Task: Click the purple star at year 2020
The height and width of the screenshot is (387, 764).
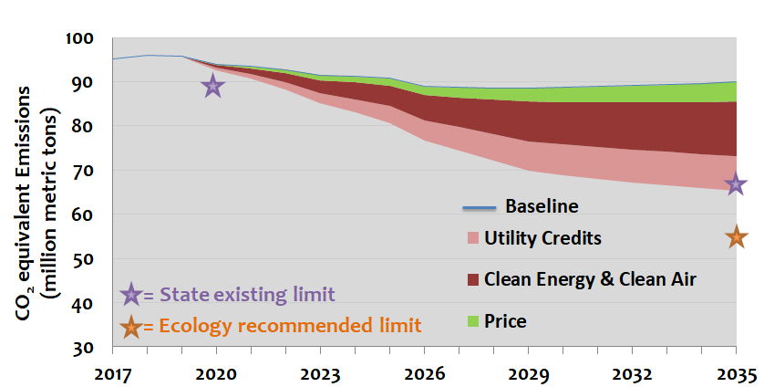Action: (212, 87)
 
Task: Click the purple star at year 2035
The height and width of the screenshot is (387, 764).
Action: (736, 185)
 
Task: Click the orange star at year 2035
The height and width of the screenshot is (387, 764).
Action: (736, 237)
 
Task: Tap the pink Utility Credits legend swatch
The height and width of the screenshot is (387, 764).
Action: (472, 239)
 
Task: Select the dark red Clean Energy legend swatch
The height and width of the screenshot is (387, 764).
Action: (472, 279)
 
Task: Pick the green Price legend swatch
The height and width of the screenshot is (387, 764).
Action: (472, 320)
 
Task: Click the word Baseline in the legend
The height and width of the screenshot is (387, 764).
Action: (542, 205)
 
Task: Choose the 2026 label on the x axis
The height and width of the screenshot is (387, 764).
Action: (424, 373)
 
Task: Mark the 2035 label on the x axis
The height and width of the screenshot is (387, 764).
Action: (736, 373)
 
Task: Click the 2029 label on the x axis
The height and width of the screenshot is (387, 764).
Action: (528, 373)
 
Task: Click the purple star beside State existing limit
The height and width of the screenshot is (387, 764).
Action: (130, 295)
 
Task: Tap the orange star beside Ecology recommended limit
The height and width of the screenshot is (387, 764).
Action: (130, 326)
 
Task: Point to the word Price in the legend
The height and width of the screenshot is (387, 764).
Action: (506, 320)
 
